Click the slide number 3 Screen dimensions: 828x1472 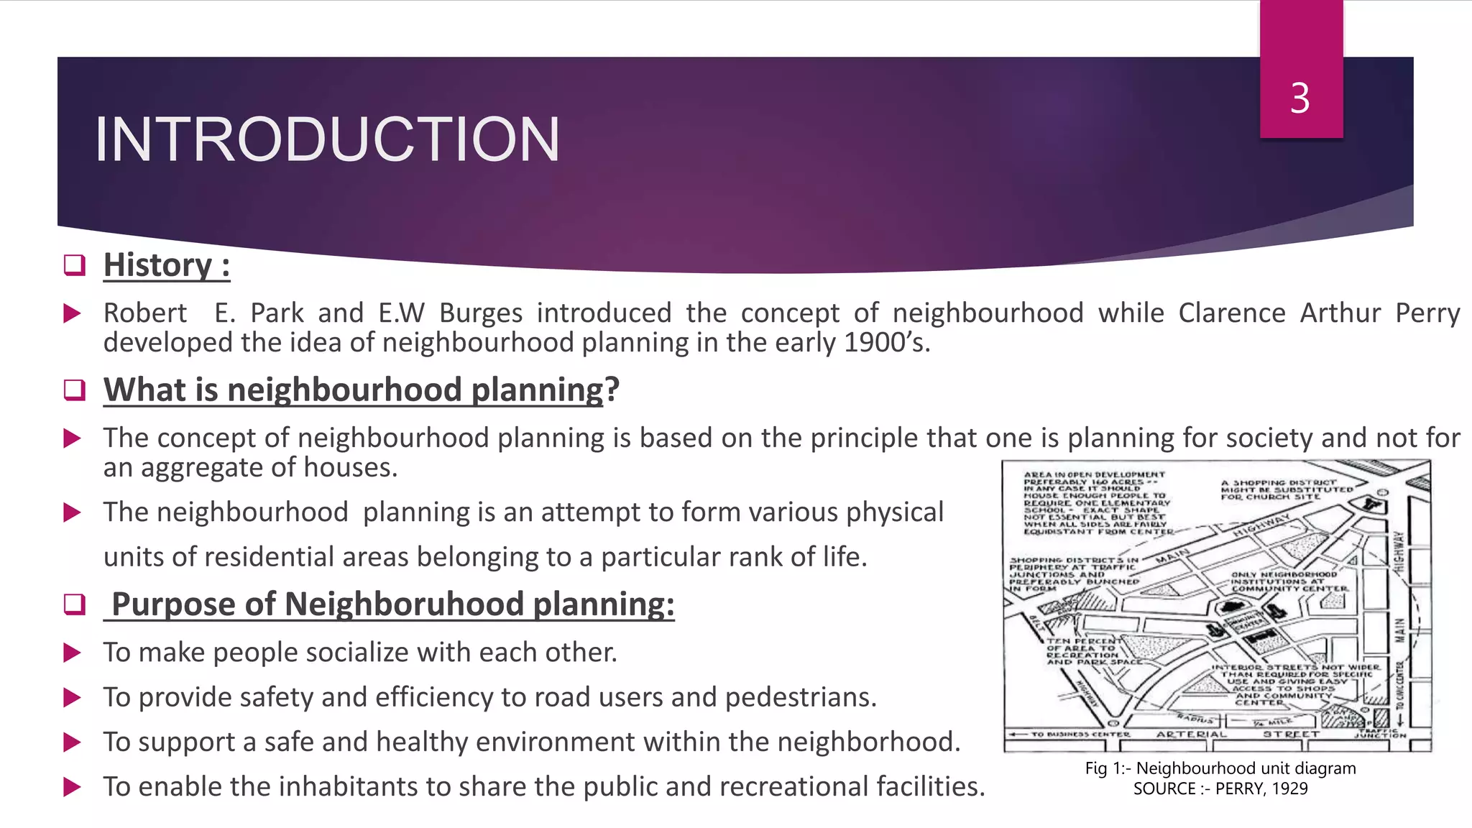click(1299, 98)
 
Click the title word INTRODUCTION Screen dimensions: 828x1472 click(327, 139)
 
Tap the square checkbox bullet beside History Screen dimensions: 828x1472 click(75, 265)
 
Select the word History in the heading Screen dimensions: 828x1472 click(158, 265)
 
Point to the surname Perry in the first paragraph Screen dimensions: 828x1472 click(1427, 313)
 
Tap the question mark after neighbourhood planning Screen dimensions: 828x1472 click(612, 390)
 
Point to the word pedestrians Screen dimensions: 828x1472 click(801, 697)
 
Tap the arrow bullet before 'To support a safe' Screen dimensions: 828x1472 click(73, 742)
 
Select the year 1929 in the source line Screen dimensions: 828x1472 click(1289, 788)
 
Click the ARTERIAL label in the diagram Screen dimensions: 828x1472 click(1192, 735)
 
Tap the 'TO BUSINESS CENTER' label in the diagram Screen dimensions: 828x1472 click(1080, 735)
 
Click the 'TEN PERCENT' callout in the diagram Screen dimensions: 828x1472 click(1084, 640)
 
